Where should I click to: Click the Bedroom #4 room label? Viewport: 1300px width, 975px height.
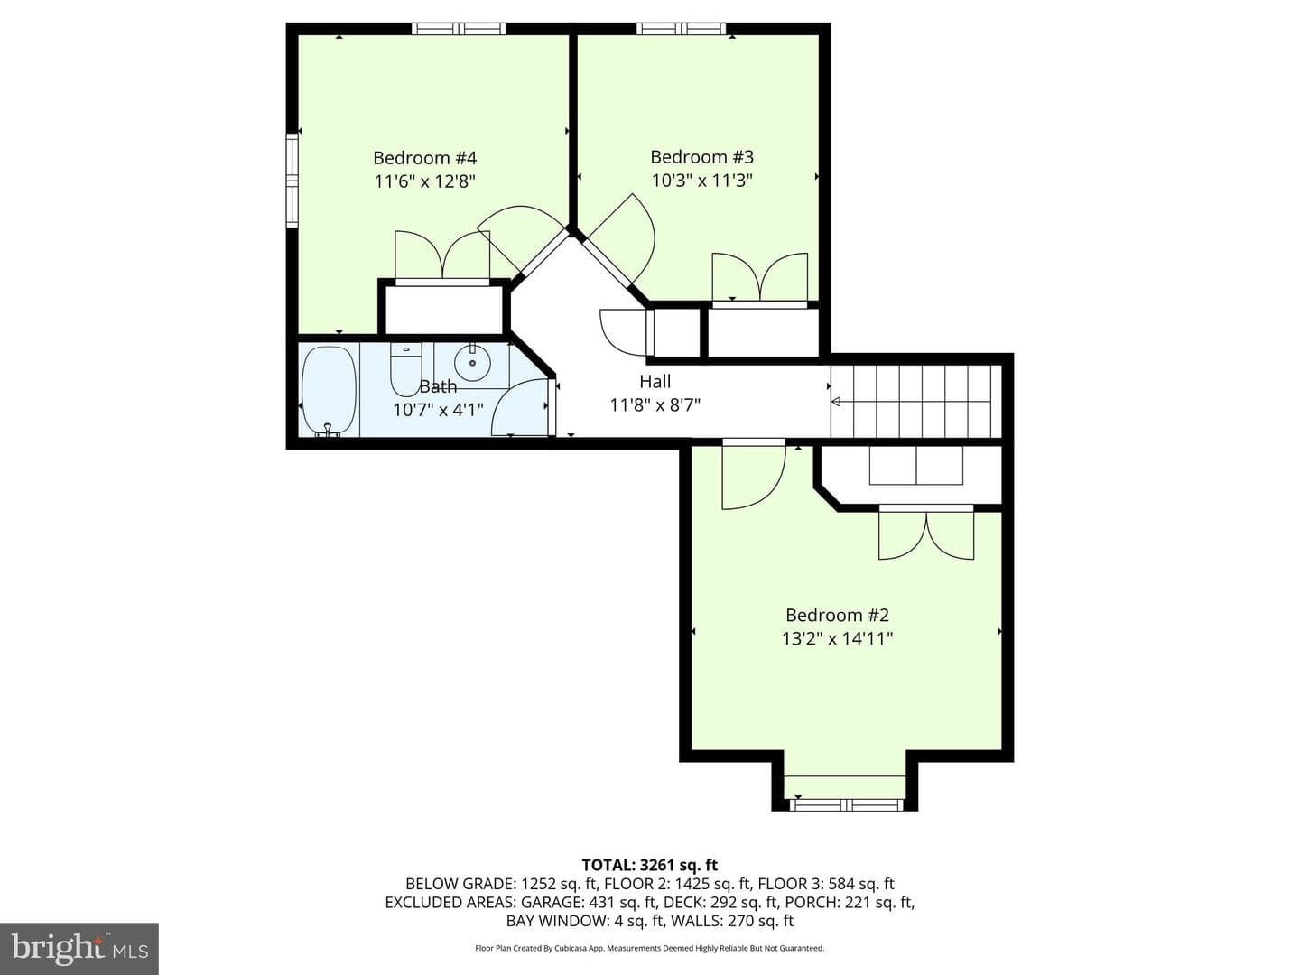[x=424, y=158]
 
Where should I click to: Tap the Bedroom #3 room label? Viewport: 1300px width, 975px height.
[x=701, y=157]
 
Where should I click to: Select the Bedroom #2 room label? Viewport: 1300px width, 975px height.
[x=837, y=615]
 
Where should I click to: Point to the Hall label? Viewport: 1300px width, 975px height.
[x=655, y=381]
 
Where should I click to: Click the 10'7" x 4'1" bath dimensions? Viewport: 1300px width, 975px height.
[x=438, y=410]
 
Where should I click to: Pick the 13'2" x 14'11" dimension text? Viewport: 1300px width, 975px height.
[x=837, y=639]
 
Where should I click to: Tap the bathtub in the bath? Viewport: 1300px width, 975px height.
[x=330, y=391]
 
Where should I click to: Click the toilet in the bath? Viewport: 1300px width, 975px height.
[x=405, y=369]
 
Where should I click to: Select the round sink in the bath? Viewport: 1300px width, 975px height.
[x=472, y=360]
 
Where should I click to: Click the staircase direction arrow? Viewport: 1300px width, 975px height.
[x=912, y=402]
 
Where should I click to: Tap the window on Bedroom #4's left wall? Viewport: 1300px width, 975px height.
[x=292, y=181]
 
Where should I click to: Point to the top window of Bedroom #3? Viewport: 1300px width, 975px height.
[x=682, y=28]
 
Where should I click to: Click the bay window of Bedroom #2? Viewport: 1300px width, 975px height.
[x=846, y=804]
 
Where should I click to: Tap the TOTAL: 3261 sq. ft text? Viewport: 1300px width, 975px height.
[x=650, y=866]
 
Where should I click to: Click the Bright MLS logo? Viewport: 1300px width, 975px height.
[x=79, y=948]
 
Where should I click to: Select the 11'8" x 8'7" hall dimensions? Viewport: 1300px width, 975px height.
[x=655, y=405]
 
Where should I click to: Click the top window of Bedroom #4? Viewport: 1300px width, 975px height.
[x=459, y=28]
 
